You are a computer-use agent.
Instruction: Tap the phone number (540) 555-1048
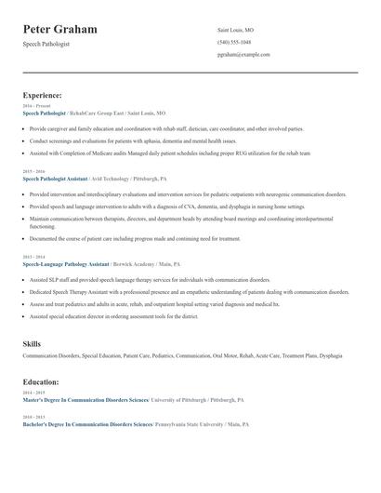click(x=233, y=42)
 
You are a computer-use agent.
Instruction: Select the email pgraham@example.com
click(x=243, y=54)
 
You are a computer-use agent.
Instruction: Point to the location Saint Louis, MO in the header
click(x=235, y=30)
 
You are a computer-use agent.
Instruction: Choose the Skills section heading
click(x=32, y=344)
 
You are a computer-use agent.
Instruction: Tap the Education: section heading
click(x=41, y=382)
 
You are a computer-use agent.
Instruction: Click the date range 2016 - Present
click(x=34, y=105)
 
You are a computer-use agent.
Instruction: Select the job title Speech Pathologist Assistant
click(x=56, y=177)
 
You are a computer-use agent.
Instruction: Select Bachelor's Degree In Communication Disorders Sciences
click(x=87, y=423)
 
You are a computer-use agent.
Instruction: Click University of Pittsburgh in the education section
click(x=180, y=399)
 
